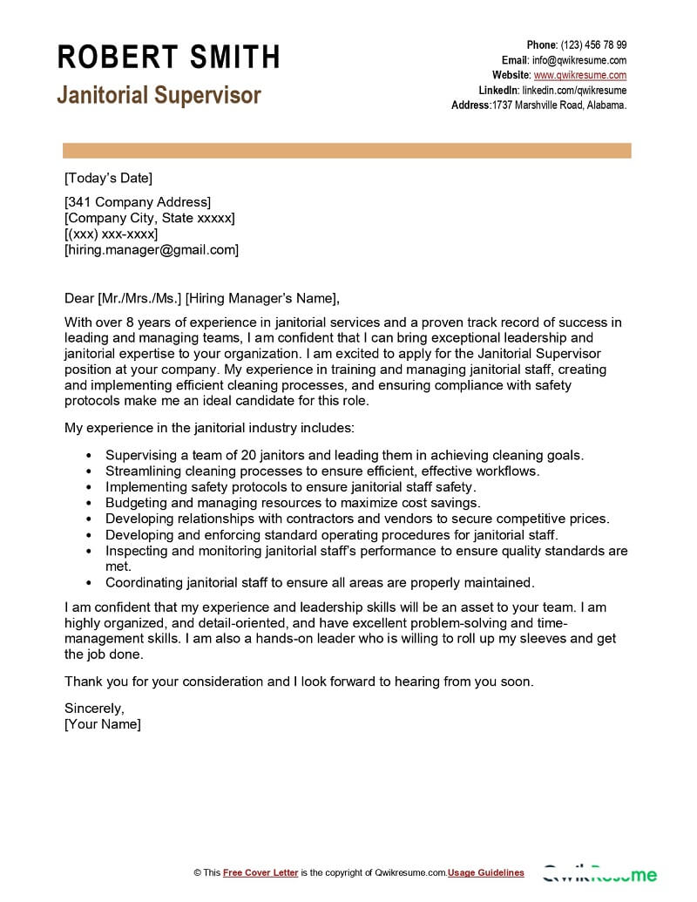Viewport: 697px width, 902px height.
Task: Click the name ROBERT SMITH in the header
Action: click(168, 58)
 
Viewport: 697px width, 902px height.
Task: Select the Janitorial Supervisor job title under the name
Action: click(159, 95)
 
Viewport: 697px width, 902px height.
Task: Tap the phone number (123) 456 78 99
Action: click(592, 45)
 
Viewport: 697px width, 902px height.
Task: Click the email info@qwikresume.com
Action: click(579, 60)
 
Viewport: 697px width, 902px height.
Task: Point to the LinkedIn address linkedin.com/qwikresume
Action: click(574, 90)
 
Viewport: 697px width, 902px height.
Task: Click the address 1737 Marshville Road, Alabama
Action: click(559, 105)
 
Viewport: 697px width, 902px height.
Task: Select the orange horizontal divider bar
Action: click(346, 150)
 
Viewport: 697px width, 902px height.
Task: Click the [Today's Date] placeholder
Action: click(108, 179)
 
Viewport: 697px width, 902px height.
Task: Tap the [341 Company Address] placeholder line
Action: click(138, 202)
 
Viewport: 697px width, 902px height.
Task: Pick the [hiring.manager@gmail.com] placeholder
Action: click(152, 249)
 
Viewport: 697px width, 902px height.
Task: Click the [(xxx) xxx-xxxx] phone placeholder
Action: click(112, 234)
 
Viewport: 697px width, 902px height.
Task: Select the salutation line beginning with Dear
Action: click(199, 296)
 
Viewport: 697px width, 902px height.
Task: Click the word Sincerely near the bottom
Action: click(94, 708)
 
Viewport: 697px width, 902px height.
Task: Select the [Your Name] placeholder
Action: click(103, 723)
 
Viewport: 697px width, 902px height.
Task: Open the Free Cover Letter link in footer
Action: click(261, 872)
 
